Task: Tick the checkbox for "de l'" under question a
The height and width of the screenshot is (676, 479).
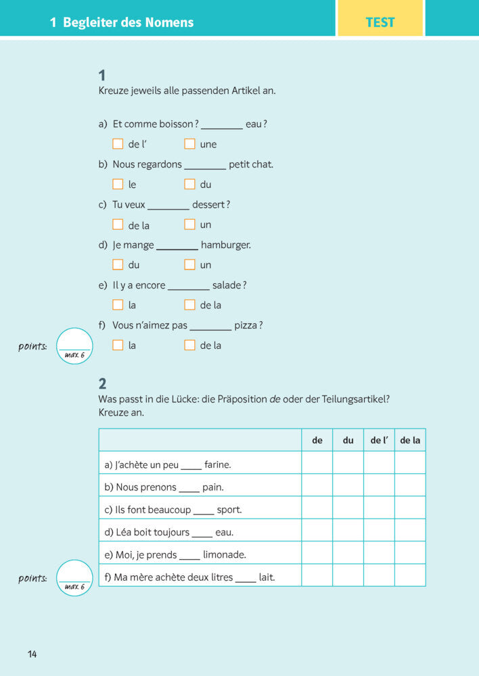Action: (x=118, y=144)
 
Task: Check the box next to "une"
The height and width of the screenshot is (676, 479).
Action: (x=189, y=144)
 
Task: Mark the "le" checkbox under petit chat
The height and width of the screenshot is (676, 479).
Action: (x=118, y=184)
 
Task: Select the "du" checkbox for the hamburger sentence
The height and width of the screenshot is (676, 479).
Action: (x=118, y=264)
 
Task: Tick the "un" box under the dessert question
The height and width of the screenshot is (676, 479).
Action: (x=189, y=224)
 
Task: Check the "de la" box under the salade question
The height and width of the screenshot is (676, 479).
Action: (x=189, y=305)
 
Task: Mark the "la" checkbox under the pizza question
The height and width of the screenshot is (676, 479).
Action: (x=118, y=345)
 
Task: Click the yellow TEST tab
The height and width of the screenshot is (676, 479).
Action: (x=380, y=22)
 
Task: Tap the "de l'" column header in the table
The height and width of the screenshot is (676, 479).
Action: (x=379, y=440)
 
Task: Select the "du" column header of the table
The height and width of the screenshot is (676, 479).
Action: (x=348, y=440)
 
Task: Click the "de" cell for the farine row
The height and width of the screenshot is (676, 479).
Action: (x=317, y=463)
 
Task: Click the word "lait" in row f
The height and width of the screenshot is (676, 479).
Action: (x=267, y=577)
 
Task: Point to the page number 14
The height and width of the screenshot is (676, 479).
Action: (x=32, y=654)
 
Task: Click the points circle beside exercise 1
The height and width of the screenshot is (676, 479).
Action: (x=74, y=345)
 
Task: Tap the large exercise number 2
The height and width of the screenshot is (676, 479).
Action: (x=102, y=384)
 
